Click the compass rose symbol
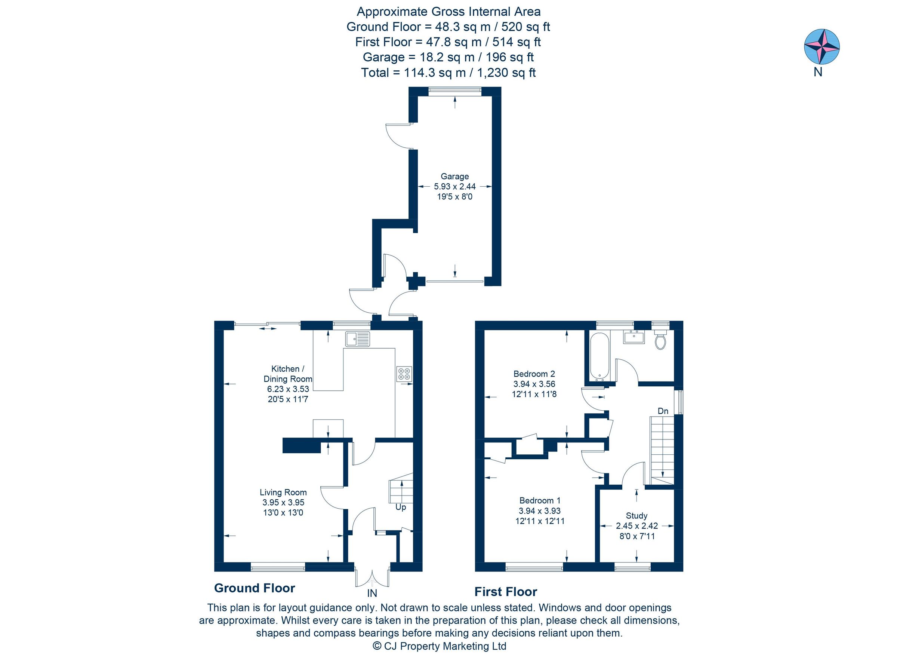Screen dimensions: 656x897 [822, 46]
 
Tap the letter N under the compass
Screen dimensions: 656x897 [818, 72]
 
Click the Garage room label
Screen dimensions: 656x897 [454, 176]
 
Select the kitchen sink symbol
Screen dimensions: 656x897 [357, 339]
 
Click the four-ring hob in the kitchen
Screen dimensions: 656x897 [404, 374]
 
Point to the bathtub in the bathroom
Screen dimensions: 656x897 [599, 356]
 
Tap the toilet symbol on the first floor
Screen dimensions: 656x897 [660, 341]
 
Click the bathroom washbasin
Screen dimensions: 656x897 [634, 337]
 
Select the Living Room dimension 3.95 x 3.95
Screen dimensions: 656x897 [283, 502]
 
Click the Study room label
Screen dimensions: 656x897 [636, 515]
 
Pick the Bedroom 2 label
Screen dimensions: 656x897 [534, 374]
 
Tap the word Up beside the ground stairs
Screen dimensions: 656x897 [400, 508]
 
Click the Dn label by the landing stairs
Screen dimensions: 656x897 [663, 411]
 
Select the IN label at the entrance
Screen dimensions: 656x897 [372, 593]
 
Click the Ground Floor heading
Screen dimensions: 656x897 [254, 588]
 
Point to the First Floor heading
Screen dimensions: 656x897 [505, 592]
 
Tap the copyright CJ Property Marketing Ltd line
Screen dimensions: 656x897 [439, 646]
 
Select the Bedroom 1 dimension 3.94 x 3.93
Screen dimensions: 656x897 [539, 511]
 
